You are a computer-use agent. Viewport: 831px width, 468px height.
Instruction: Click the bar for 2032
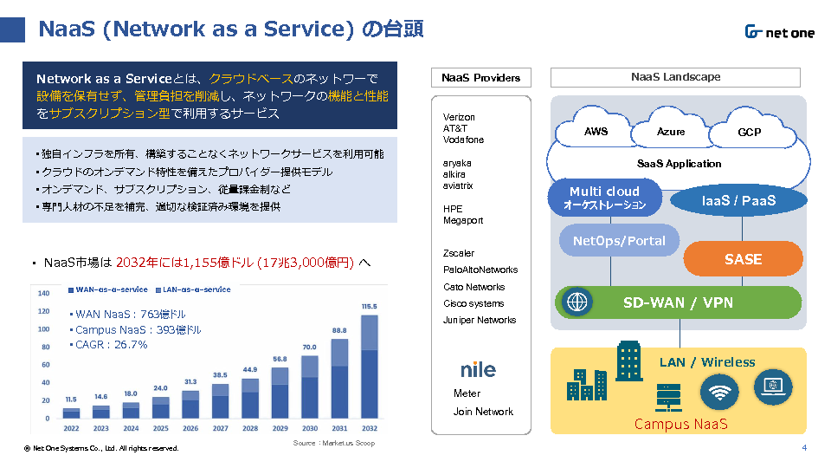coord(370,367)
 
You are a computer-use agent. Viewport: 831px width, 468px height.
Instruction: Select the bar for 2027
coord(220,401)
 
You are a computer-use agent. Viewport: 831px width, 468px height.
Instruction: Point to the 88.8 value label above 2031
coord(339,330)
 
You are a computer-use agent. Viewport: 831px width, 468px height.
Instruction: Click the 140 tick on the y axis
coord(43,293)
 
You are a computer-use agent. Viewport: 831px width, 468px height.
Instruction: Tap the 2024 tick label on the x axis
coord(131,428)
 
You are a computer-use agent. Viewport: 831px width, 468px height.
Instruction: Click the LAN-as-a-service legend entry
coord(193,289)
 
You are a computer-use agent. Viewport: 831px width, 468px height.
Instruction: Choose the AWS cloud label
coord(596,132)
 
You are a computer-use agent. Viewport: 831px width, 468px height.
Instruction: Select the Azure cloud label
coord(670,132)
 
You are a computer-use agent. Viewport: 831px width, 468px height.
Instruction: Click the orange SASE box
coord(743,259)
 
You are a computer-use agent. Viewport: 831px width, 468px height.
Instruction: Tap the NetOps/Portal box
coord(619,240)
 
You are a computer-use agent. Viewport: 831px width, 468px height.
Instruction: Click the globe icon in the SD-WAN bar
coord(577,302)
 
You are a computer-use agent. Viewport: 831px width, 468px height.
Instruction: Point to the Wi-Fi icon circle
coord(719,392)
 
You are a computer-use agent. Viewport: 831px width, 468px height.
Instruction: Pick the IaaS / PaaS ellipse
coord(738,200)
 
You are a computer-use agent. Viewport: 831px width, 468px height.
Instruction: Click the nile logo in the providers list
coord(478,369)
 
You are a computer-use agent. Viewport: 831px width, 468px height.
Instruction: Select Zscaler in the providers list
coord(459,253)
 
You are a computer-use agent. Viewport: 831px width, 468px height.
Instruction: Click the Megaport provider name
coord(463,220)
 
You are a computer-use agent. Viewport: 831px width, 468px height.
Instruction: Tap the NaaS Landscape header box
coord(675,77)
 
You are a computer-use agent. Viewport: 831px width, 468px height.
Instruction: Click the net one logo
coord(780,32)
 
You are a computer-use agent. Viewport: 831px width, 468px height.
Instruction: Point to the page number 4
coord(804,448)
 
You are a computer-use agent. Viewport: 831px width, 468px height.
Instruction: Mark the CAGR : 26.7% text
coord(109,345)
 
